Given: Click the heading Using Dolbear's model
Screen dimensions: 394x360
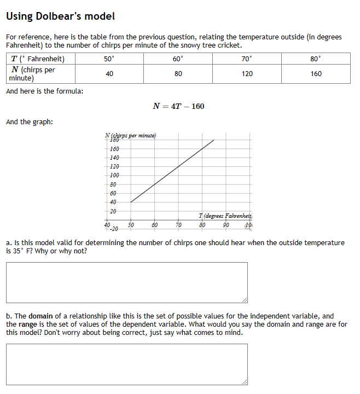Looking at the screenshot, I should [60, 16].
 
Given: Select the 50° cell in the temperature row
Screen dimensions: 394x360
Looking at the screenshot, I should [109, 59].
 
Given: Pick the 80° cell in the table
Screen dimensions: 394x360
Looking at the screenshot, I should [316, 59].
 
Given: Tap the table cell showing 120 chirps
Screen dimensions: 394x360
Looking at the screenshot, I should [247, 74].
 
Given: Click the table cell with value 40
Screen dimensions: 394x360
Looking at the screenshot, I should [109, 74].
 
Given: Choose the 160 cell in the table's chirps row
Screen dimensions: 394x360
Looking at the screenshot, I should [316, 74].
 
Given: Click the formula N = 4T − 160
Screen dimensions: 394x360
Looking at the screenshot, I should [179, 106].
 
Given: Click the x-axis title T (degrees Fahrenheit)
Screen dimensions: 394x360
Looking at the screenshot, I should [227, 216].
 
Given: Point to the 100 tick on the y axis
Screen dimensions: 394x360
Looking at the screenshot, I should [114, 175].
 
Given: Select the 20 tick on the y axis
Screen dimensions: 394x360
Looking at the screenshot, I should [113, 211].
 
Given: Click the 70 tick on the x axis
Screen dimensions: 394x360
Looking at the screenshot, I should [178, 225].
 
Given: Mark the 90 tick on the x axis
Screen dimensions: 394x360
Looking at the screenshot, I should [226, 225].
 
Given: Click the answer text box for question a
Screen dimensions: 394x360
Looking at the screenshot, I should [127, 282].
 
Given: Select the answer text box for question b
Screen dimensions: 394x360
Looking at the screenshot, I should [127, 364].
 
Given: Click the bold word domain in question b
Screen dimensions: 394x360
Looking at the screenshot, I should [42, 316].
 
